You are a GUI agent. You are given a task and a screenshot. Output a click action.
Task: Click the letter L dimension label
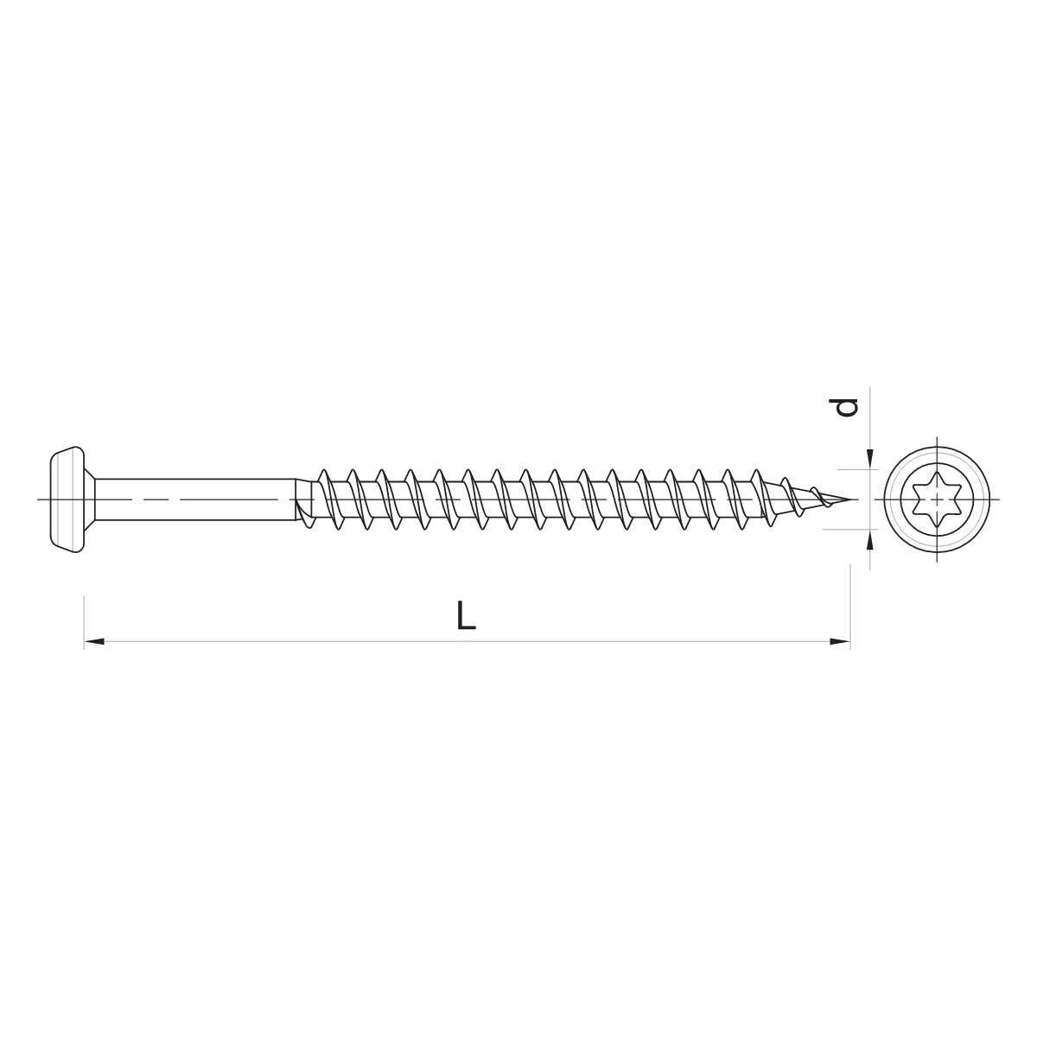click(466, 615)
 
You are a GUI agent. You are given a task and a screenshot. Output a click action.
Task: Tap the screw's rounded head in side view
click(67, 499)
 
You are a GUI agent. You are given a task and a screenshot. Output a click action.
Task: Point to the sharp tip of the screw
click(856, 499)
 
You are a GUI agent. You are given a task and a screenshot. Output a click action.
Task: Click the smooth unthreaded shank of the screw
click(194, 499)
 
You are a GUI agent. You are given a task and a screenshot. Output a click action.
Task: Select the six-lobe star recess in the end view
click(937, 499)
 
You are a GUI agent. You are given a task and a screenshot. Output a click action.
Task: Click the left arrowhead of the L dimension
click(94, 641)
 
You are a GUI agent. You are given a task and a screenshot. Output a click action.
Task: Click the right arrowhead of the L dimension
click(840, 641)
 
